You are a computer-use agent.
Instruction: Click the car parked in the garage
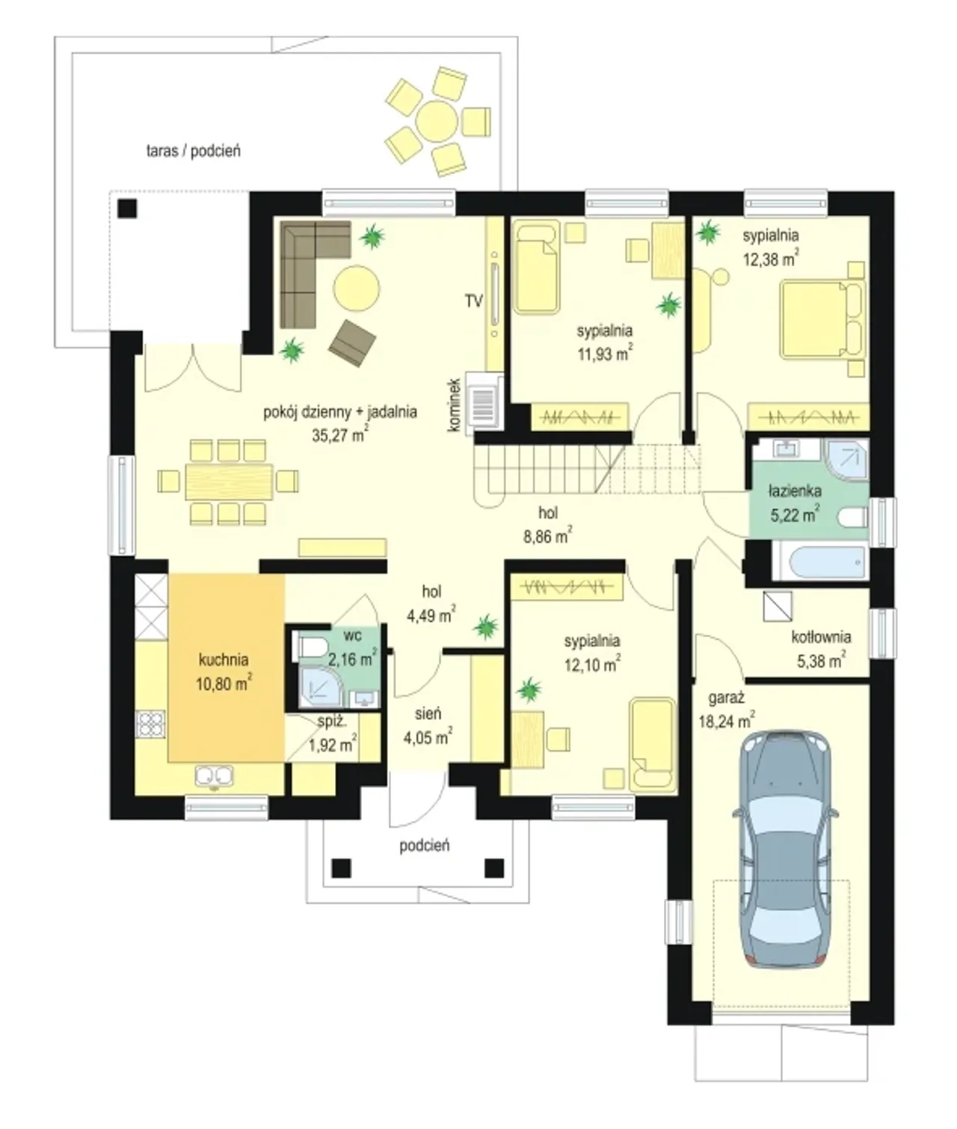click(785, 850)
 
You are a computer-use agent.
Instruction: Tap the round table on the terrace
click(437, 121)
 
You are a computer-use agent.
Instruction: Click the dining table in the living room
click(229, 482)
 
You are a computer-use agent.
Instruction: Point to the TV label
click(473, 301)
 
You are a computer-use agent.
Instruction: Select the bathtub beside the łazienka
click(819, 562)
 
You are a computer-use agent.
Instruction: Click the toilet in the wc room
click(311, 647)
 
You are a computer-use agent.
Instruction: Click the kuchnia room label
click(224, 659)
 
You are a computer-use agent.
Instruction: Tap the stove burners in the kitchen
click(151, 724)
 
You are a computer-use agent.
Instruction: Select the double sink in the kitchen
click(215, 776)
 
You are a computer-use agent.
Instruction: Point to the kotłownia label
click(821, 637)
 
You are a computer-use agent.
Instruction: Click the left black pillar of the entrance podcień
click(341, 867)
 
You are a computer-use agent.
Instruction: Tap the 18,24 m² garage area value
click(727, 721)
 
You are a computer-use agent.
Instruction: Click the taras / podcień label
click(194, 151)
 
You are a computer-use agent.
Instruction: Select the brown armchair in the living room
click(352, 343)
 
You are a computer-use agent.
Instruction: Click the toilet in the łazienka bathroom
click(852, 516)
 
